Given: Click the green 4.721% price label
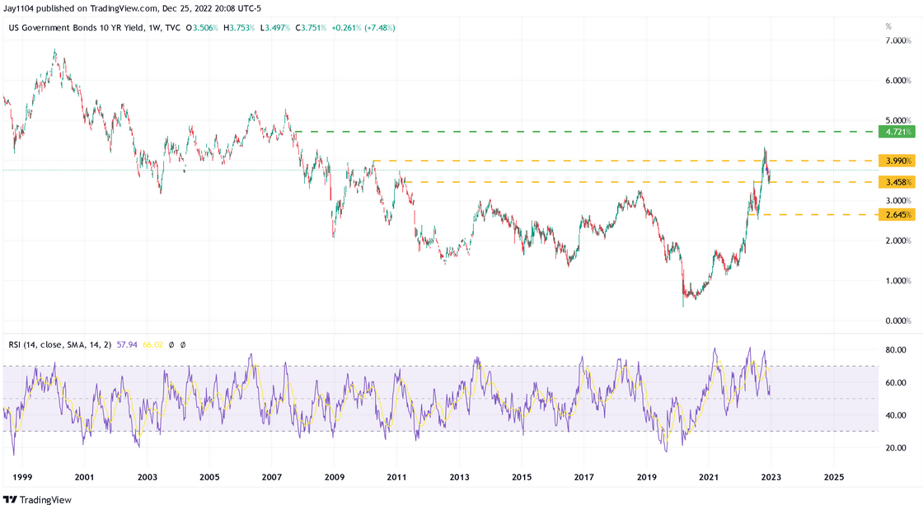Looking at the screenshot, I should point(896,132).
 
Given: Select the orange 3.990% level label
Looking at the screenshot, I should point(896,161).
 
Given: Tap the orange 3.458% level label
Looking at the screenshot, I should point(896,182).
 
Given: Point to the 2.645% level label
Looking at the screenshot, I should point(896,215).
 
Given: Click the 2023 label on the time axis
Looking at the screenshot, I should point(771,477).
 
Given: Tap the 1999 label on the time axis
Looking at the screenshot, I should point(21,477).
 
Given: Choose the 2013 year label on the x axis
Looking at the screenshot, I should point(459,477).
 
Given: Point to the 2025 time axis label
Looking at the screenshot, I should point(834,477).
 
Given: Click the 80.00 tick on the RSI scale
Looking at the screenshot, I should point(896,350).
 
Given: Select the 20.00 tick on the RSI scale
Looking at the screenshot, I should point(896,448).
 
